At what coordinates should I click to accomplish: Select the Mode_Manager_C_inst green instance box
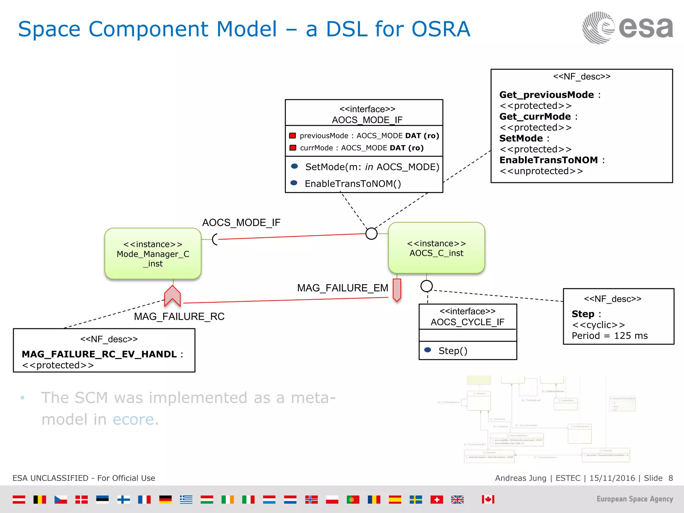[153, 253]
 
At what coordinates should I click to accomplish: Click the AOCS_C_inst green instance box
[436, 248]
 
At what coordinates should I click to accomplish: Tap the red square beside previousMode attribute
[293, 136]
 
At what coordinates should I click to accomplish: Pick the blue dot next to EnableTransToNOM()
[294, 183]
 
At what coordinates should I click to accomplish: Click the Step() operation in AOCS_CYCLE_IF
[453, 351]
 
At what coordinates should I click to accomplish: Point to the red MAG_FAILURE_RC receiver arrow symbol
[172, 296]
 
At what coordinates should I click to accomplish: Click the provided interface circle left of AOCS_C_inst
[371, 233]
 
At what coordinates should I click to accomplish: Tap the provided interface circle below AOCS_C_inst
[426, 286]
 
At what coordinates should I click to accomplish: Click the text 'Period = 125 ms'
[610, 336]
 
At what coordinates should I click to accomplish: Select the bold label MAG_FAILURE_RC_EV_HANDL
[99, 354]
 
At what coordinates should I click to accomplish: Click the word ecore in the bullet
[133, 419]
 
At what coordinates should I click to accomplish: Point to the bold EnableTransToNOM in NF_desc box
[548, 160]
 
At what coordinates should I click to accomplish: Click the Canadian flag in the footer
[488, 499]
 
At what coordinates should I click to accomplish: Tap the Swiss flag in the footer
[437, 499]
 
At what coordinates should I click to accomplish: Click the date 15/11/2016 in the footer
[612, 478]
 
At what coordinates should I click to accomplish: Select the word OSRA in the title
[441, 29]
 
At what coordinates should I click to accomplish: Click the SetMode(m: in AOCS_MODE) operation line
[372, 167]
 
